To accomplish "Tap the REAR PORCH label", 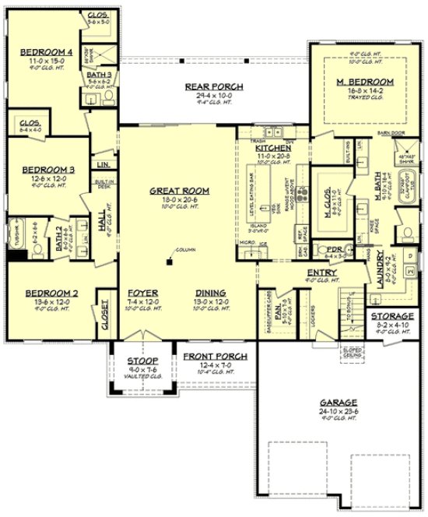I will click(215, 86).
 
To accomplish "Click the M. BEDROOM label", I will click(364, 82).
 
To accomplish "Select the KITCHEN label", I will click(274, 148).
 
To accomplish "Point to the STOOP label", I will click(143, 362).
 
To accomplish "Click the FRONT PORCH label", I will click(216, 357).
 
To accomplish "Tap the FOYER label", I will click(143, 294).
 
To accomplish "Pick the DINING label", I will click(211, 294).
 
